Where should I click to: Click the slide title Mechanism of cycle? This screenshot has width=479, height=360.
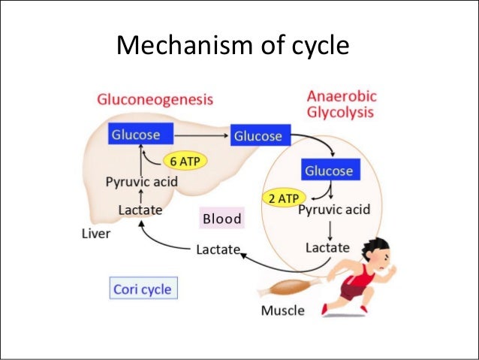click(x=233, y=47)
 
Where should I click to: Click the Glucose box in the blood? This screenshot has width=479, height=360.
click(x=258, y=136)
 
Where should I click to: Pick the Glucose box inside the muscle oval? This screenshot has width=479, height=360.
click(x=328, y=171)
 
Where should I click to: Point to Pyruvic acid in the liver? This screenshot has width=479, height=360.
click(x=137, y=183)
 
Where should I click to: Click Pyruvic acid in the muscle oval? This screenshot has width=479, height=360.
click(x=334, y=210)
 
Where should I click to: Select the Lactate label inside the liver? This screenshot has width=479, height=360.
click(x=140, y=211)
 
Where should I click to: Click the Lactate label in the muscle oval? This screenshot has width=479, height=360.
click(x=327, y=247)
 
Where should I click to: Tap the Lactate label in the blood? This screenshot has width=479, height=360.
click(x=218, y=249)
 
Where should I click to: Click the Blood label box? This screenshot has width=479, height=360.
click(x=221, y=219)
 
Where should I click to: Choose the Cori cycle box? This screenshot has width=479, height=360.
click(x=141, y=289)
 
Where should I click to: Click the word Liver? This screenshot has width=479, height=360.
click(x=95, y=234)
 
